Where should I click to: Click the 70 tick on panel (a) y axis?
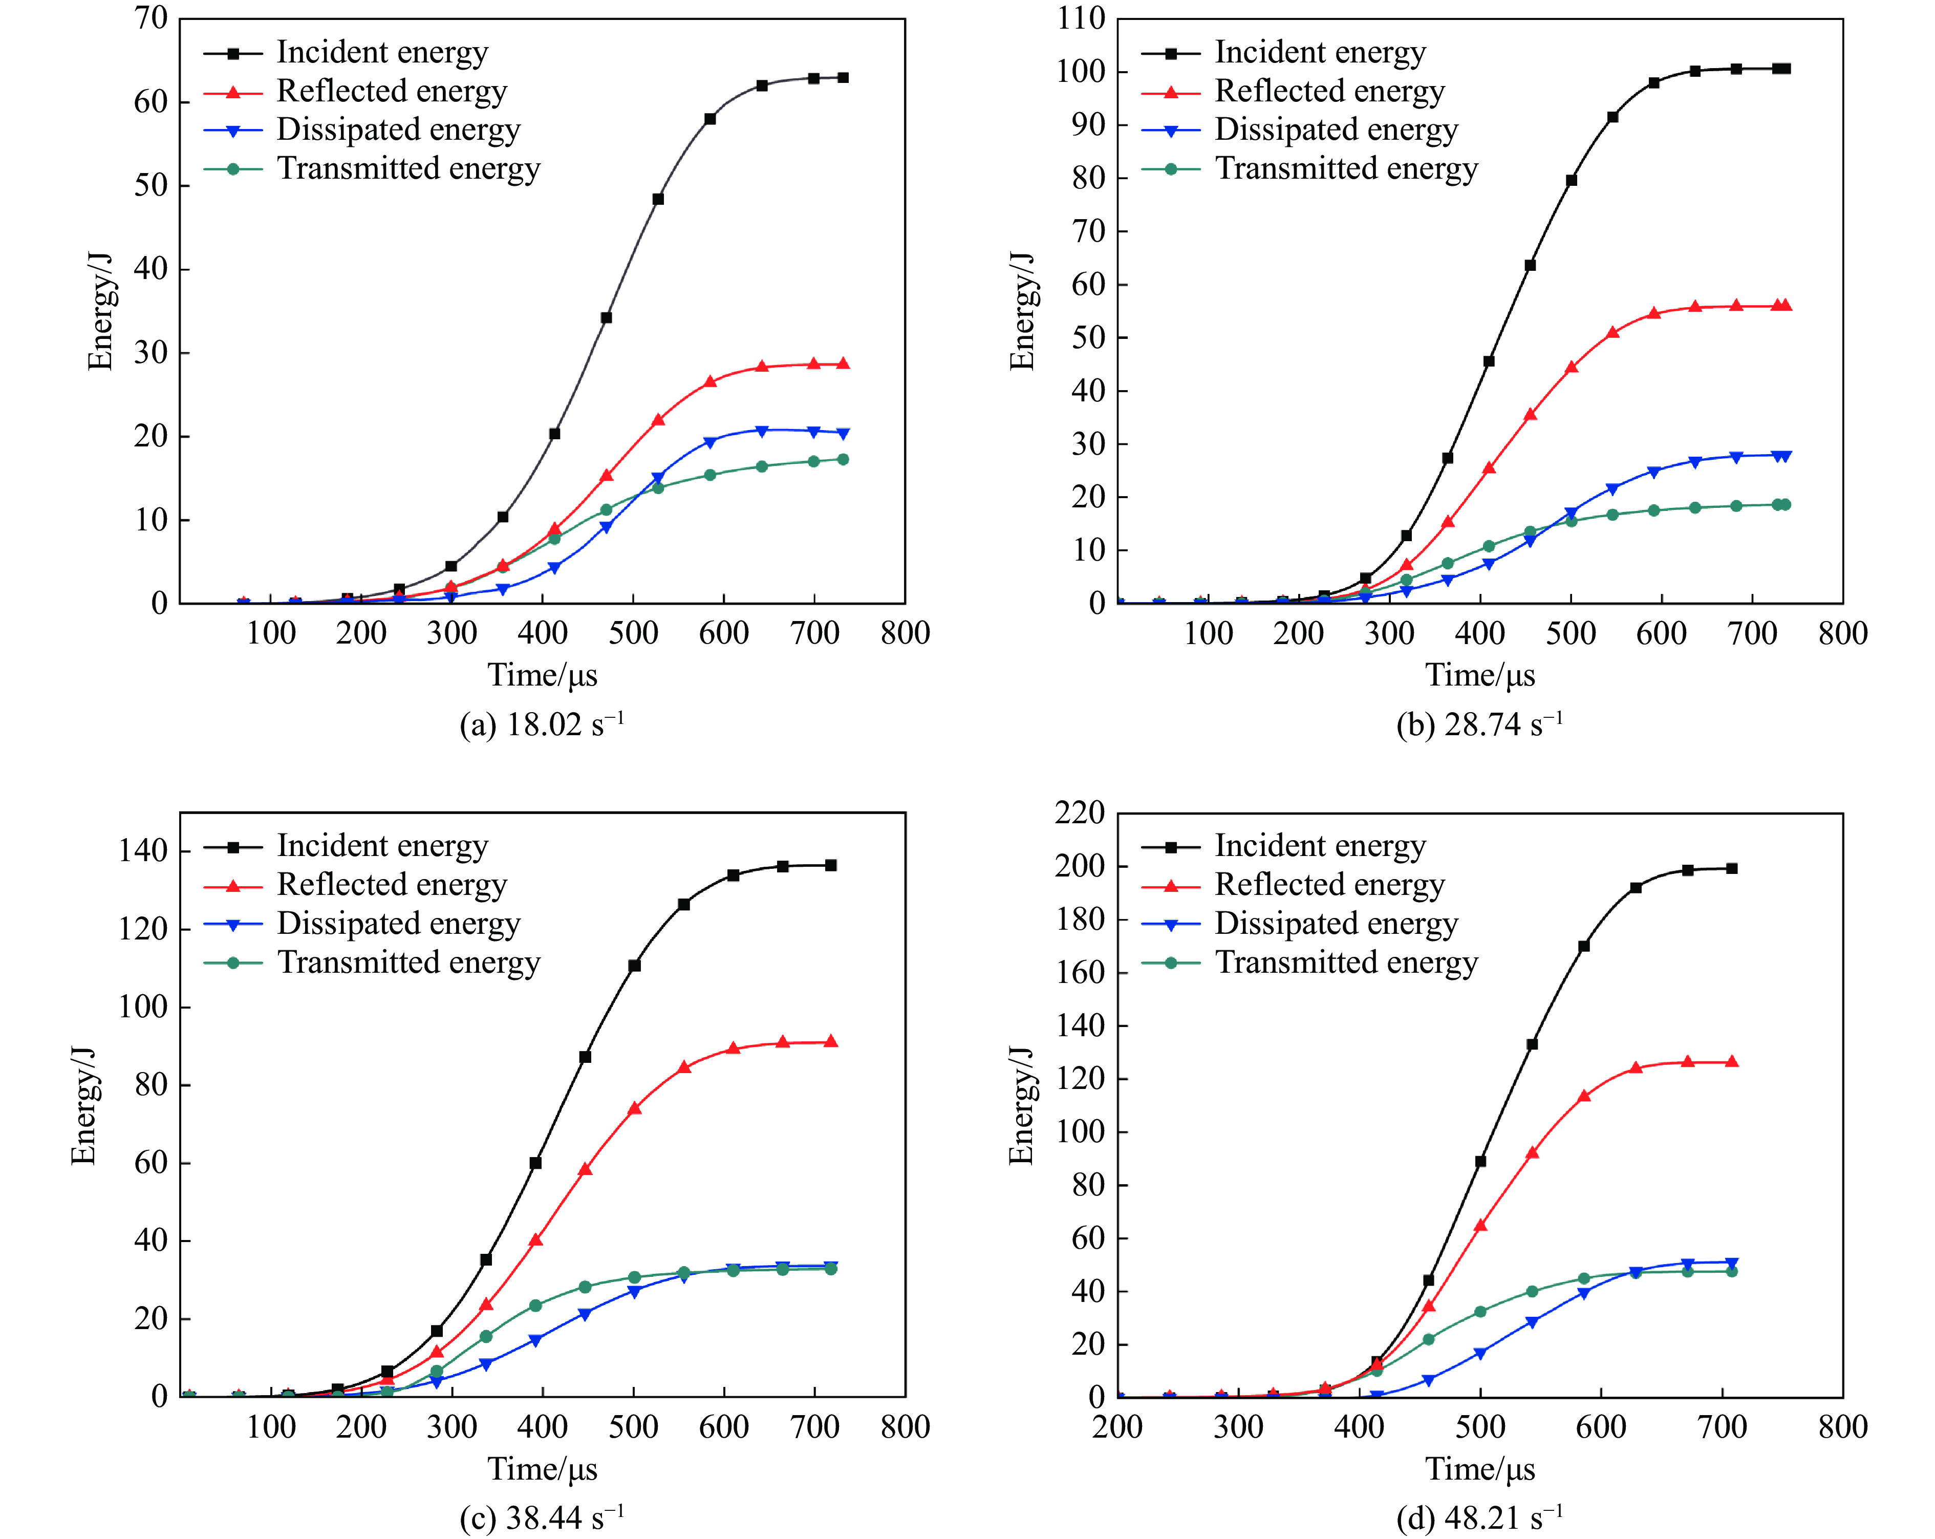tap(151, 18)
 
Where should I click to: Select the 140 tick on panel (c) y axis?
tap(144, 851)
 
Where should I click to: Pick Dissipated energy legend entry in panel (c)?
tap(398, 924)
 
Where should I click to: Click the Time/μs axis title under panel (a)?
tap(542, 675)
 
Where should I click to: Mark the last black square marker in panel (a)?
tap(843, 78)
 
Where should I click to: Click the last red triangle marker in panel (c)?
tap(831, 1042)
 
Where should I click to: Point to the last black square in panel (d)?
tap(1731, 869)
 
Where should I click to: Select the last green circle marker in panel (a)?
tap(843, 459)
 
